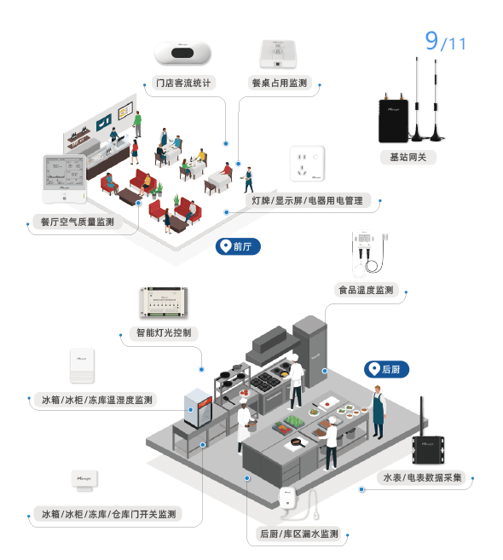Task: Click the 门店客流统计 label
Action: (183, 83)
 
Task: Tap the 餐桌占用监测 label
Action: (280, 83)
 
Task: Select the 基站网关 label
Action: (408, 157)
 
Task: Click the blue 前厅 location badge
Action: (238, 246)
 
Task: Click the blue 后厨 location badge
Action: (386, 369)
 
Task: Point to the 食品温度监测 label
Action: (367, 290)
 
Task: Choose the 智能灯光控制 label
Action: (164, 333)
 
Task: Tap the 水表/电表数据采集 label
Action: (422, 477)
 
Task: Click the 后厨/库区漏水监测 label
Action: (299, 534)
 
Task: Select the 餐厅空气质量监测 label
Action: (78, 222)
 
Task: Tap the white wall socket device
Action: (307, 163)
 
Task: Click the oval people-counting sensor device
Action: (182, 53)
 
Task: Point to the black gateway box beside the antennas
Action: (393, 120)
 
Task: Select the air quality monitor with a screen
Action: (65, 179)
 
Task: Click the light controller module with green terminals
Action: (164, 302)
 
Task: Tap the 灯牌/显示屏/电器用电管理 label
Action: (308, 200)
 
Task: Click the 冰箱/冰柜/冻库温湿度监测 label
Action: (97, 400)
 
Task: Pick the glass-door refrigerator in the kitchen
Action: (198, 408)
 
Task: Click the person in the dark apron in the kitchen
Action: (378, 412)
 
